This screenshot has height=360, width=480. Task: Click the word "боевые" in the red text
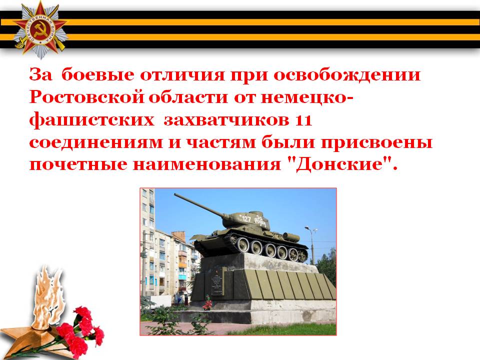click(98, 74)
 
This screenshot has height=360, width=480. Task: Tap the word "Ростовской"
click(87, 97)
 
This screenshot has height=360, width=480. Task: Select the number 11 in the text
click(303, 120)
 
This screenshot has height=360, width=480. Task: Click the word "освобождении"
click(347, 75)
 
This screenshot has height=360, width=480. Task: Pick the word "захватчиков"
click(226, 120)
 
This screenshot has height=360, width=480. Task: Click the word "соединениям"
click(96, 142)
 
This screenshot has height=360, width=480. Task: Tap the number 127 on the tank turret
click(246, 218)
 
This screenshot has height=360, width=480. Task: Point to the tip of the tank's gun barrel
click(175, 194)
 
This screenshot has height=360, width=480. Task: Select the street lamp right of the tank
click(311, 244)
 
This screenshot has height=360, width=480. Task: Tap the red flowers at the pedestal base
click(208, 302)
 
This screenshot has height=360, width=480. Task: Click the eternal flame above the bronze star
click(48, 296)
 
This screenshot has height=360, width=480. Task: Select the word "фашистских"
click(92, 120)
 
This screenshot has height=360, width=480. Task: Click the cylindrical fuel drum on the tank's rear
click(291, 236)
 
